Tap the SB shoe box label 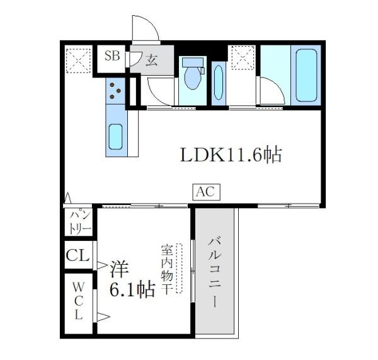coord(112,55)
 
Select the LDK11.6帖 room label coord(231,155)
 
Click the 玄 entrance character coord(152,61)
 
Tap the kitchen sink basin coord(115,137)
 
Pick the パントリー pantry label coord(79,221)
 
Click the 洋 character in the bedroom coord(117,269)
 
